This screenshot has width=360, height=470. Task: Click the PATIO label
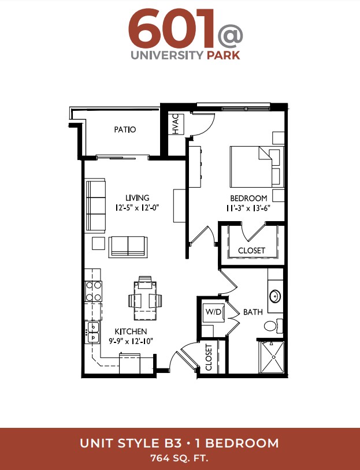[125, 129]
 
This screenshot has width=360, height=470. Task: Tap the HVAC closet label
[176, 124]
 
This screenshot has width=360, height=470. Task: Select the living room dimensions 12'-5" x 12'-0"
[137, 207]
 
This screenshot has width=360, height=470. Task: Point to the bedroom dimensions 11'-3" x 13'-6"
[248, 208]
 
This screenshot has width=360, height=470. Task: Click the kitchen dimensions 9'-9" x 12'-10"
[131, 341]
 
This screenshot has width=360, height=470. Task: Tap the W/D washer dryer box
[213, 312]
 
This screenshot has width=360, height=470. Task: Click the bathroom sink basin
[275, 296]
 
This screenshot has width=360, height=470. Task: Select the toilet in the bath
[273, 326]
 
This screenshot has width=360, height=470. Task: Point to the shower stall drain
[273, 357]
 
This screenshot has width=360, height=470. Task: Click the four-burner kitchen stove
[93, 291]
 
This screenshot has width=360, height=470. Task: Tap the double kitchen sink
[93, 333]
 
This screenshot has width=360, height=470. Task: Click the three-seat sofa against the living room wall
[96, 206]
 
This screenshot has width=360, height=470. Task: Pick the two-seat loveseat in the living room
[128, 247]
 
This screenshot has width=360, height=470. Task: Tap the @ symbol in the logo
[230, 37]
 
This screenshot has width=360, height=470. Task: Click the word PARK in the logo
[224, 55]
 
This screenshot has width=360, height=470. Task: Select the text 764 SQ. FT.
[179, 458]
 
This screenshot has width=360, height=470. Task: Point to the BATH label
[253, 312]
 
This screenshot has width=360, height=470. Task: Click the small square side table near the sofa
[98, 243]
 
